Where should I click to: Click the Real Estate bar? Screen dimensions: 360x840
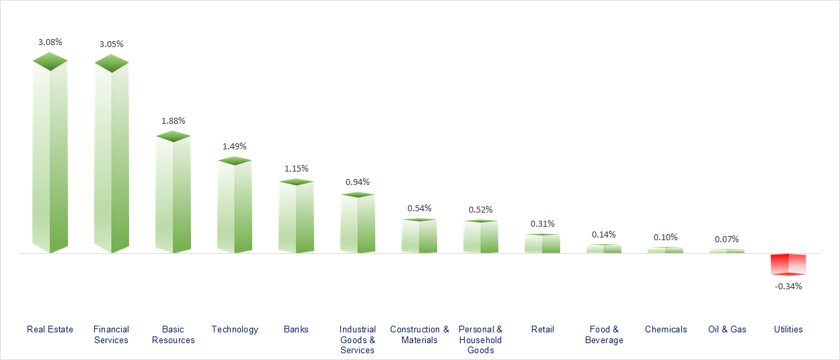click(x=50, y=158)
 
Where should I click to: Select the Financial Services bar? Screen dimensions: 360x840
click(x=112, y=158)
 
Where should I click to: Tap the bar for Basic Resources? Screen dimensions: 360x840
click(x=173, y=195)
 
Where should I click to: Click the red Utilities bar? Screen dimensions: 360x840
click(x=788, y=264)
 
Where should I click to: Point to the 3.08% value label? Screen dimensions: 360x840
click(x=50, y=42)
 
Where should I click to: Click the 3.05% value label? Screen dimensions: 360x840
click(x=112, y=44)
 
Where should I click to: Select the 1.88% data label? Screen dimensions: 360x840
click(x=173, y=120)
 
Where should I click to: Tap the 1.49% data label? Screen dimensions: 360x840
click(x=235, y=146)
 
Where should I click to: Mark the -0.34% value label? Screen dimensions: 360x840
click(x=788, y=286)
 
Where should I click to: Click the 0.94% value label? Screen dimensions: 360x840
click(x=358, y=182)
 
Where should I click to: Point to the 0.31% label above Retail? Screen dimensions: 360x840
click(x=543, y=223)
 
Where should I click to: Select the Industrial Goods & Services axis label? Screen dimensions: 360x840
click(x=358, y=340)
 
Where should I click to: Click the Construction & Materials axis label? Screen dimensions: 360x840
click(x=420, y=334)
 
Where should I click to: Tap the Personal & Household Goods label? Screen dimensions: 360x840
click(x=481, y=340)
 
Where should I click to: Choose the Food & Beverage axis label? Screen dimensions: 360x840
click(x=604, y=334)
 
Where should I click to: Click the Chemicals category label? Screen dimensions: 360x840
click(x=666, y=329)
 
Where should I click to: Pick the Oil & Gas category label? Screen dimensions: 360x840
click(x=727, y=329)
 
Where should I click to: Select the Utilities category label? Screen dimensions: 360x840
click(x=788, y=329)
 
